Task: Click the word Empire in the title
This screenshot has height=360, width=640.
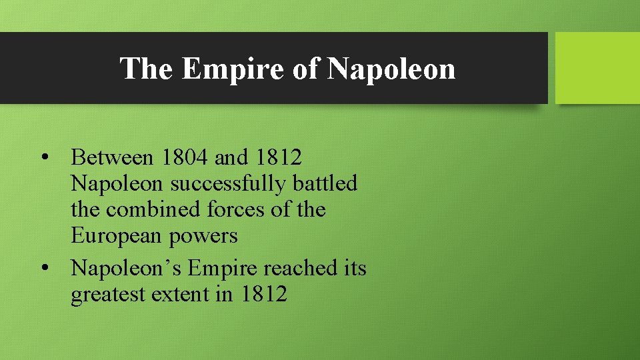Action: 232,69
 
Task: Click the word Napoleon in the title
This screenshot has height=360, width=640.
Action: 391,69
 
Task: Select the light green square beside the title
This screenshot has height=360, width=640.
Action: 597,68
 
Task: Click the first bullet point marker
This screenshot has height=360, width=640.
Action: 44,158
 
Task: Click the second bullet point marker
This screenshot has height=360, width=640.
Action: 44,268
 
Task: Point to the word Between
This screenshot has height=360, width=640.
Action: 112,158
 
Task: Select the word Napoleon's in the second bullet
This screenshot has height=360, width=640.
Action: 126,268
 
